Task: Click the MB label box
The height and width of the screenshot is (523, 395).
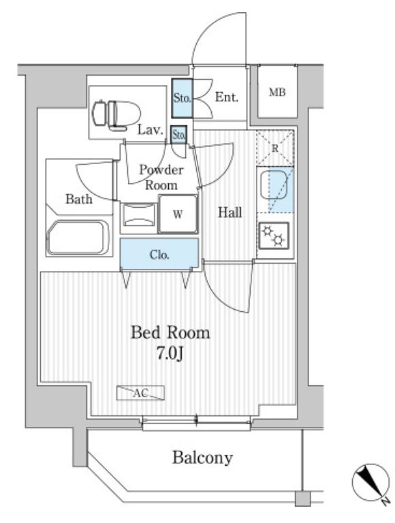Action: (x=276, y=93)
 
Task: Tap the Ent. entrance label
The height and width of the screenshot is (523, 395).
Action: (x=226, y=97)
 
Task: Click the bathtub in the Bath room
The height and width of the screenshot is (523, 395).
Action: (x=77, y=238)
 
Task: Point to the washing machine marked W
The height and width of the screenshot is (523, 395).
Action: (x=178, y=215)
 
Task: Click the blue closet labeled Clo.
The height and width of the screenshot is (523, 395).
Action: (x=160, y=255)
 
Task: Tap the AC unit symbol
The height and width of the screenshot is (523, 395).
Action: (x=140, y=392)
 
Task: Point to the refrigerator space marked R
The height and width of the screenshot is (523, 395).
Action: (x=274, y=146)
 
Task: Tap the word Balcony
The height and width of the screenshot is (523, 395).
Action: (x=202, y=458)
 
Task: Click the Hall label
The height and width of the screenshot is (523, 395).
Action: (x=230, y=213)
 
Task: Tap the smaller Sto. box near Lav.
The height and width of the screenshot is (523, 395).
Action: (x=179, y=135)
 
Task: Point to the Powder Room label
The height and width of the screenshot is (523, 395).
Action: (x=161, y=177)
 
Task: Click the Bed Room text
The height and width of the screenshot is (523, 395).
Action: (x=170, y=334)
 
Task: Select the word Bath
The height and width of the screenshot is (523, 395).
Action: (x=79, y=200)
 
